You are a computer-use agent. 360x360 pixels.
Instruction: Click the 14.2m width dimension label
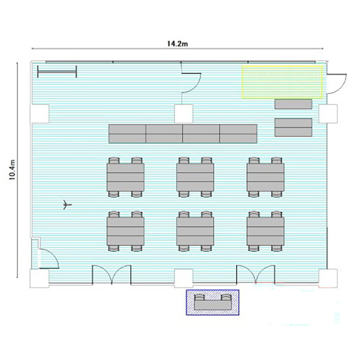[177, 43]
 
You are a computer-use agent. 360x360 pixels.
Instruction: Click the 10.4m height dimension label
[12, 170]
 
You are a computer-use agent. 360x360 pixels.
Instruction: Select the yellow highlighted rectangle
[282, 82]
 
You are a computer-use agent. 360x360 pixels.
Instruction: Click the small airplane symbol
[67, 204]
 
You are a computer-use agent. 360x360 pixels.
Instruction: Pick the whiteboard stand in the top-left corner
[57, 71]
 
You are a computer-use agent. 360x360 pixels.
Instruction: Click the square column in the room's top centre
[183, 114]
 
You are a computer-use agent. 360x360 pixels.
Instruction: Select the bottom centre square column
[183, 278]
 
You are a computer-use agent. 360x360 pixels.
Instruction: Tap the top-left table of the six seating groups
[125, 177]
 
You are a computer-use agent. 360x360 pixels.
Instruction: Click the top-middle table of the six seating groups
[195, 177]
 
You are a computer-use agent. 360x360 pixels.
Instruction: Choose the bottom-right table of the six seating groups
[265, 231]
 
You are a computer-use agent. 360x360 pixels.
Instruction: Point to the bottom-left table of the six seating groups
[125, 231]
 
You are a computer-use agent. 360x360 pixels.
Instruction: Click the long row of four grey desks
[183, 133]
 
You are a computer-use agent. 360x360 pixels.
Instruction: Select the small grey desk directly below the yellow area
[293, 104]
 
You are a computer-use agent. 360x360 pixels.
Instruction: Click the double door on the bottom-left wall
[111, 275]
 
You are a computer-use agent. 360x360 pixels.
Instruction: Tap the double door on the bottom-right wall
[255, 274]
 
